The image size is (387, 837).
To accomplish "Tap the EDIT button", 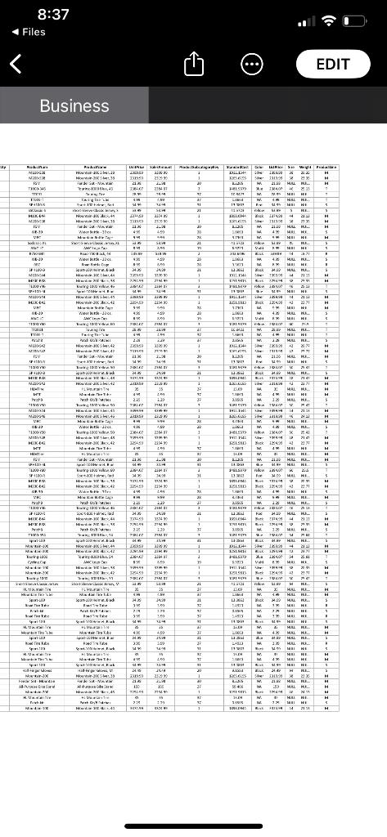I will [333, 63].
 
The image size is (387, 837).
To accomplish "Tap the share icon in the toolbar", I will [194, 63].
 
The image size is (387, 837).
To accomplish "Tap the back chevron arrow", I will [16, 64].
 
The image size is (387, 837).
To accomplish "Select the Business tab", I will [74, 105].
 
